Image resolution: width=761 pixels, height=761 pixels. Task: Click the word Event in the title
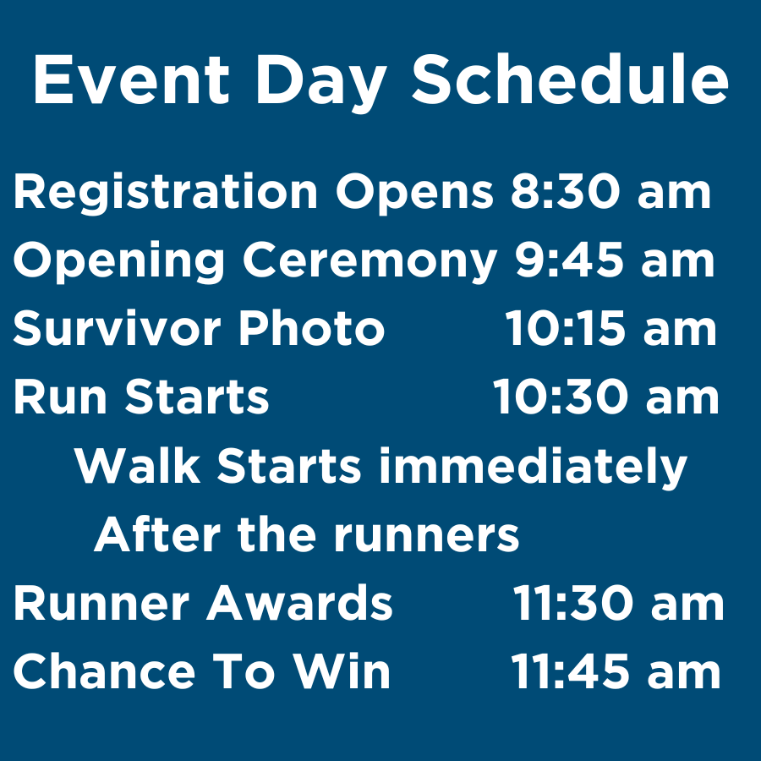[x=131, y=79]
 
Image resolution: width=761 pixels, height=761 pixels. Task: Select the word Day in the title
[x=320, y=84]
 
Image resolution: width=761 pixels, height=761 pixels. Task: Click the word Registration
[x=166, y=192]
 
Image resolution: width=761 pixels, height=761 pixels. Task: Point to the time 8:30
[x=565, y=192]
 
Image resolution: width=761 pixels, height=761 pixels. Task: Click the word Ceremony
[x=370, y=262]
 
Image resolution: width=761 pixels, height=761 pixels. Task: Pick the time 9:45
[x=569, y=260]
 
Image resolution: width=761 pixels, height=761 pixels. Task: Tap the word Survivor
[x=117, y=328]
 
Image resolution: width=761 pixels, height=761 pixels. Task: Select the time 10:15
[x=565, y=329]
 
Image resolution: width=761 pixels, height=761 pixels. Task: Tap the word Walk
[x=137, y=465]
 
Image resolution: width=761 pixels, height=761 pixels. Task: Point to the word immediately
[x=533, y=468]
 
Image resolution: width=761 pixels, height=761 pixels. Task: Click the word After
[x=157, y=534]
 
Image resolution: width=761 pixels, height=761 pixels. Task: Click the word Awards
[x=299, y=603]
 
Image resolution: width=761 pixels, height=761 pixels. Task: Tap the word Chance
[x=104, y=671]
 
